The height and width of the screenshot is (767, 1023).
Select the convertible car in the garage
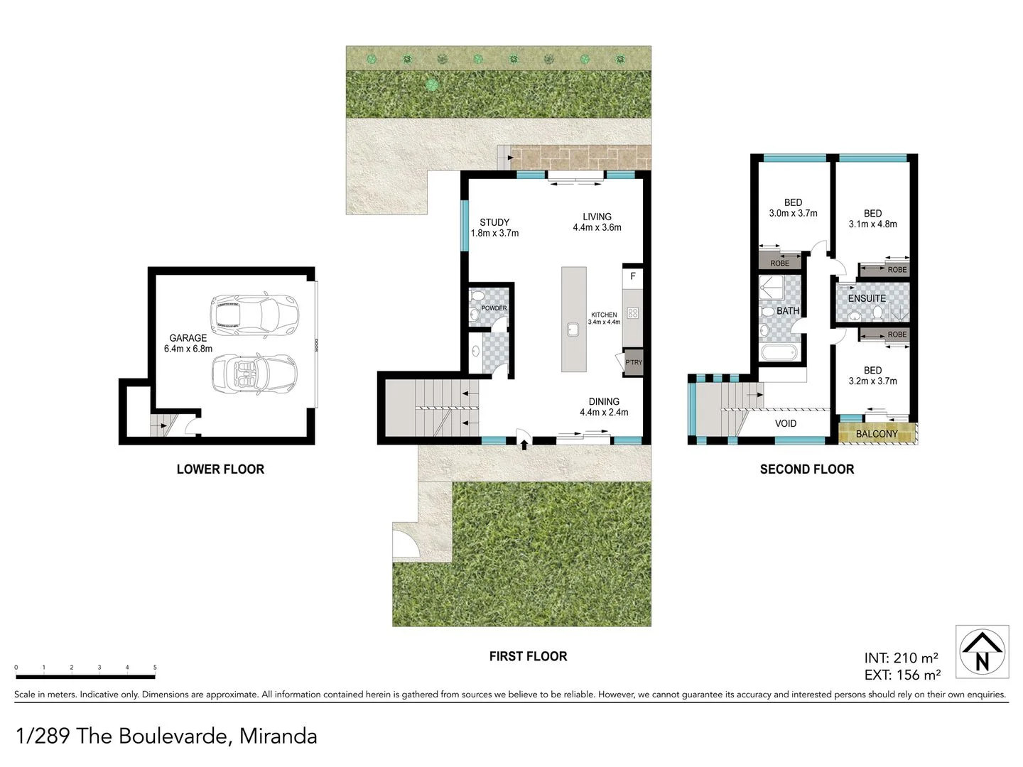pos(254,372)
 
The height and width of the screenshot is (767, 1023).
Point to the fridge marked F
pos(632,276)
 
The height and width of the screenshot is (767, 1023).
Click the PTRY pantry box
pos(633,362)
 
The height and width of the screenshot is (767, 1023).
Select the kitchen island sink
pos(573,330)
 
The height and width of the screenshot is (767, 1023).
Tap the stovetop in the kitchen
pos(632,313)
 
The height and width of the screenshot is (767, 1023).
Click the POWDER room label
pos(494,308)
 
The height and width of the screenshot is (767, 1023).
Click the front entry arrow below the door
pos(524,445)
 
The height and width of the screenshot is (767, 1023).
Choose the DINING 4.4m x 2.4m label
pos(604,406)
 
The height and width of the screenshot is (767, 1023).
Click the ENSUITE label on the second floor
pos(867,298)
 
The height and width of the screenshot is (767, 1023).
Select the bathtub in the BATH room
pos(779,353)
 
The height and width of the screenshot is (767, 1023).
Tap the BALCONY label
pos(877,434)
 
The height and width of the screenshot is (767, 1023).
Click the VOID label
pos(785,423)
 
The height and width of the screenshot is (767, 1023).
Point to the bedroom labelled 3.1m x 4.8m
pos(872,218)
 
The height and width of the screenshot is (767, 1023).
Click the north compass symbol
pos(982,651)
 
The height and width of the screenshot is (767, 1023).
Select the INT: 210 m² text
pos(901,658)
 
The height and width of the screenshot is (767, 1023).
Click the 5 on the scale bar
pos(155,668)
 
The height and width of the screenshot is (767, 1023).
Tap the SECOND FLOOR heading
pos(807,469)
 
